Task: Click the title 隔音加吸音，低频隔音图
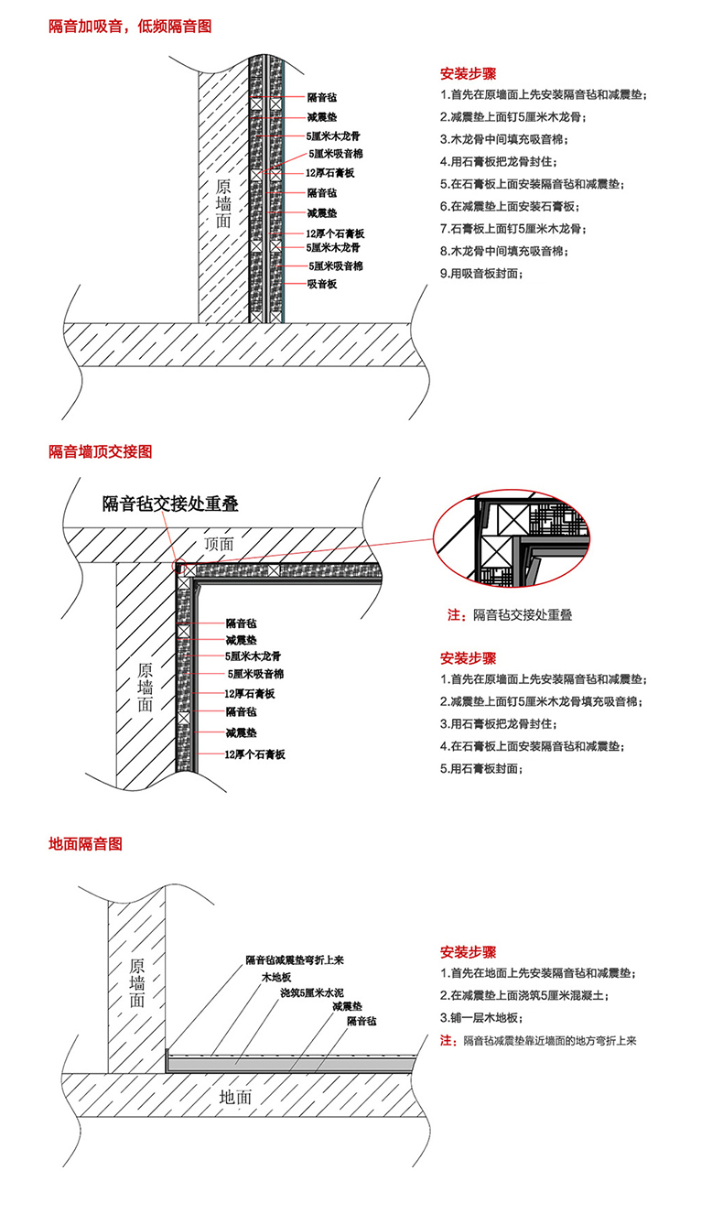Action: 130,27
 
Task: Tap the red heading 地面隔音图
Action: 85,843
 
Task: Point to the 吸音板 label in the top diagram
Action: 322,285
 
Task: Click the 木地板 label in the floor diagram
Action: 278,978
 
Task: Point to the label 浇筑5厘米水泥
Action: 312,992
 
